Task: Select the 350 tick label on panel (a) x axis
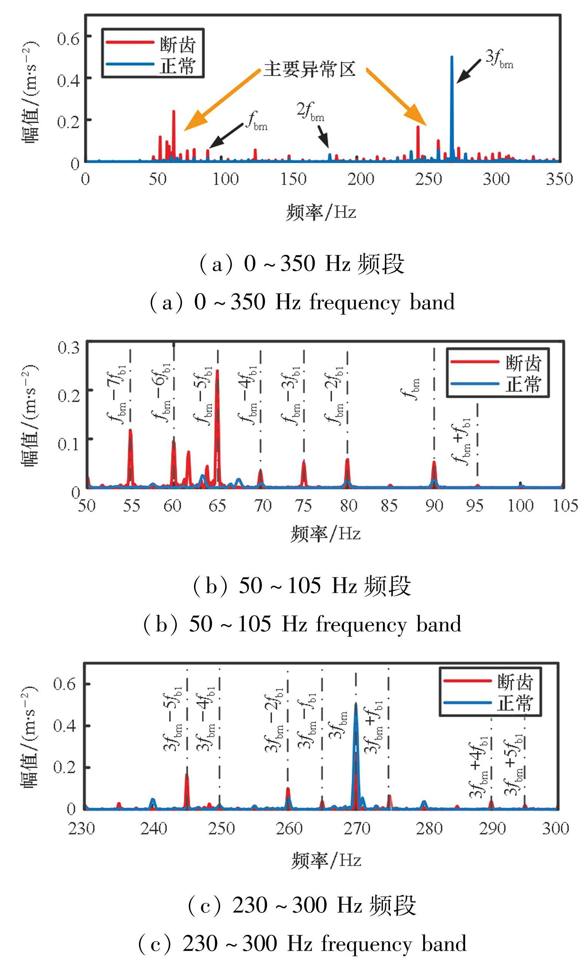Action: tap(559, 179)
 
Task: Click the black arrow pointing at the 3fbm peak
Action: tap(469, 71)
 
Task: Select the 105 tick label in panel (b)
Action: tap(565, 506)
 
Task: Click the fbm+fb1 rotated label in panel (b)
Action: tap(462, 441)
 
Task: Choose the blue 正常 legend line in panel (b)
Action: tap(475, 384)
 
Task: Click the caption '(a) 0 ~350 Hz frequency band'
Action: tap(302, 303)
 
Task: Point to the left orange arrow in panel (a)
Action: tap(222, 100)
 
